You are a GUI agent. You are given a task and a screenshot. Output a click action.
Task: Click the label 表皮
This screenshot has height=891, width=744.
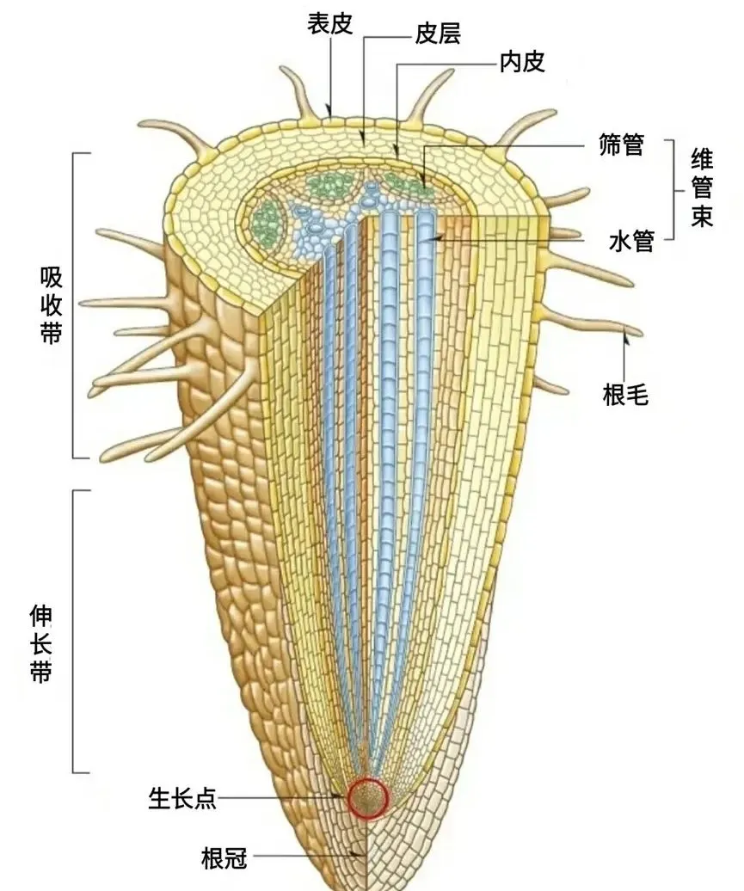pos(330,23)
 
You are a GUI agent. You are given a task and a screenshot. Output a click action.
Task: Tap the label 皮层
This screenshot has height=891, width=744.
pos(438,34)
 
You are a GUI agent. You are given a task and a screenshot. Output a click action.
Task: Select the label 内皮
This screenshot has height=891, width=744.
pos(522,61)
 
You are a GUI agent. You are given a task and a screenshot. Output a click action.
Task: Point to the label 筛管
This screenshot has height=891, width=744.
pos(621,144)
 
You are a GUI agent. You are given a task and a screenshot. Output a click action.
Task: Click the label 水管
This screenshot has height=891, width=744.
pos(631,242)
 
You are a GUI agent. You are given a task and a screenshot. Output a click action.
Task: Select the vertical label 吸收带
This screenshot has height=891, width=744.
pos(51,305)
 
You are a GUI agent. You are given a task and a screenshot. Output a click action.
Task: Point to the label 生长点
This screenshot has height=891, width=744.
pos(181,799)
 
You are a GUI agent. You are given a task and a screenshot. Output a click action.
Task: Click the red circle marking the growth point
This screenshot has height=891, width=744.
pos(369,797)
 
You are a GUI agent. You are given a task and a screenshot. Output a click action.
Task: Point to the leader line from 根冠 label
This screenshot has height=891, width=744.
pos(305,857)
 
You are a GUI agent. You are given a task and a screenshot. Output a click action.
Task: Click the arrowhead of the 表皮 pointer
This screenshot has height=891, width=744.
pos(330,112)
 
